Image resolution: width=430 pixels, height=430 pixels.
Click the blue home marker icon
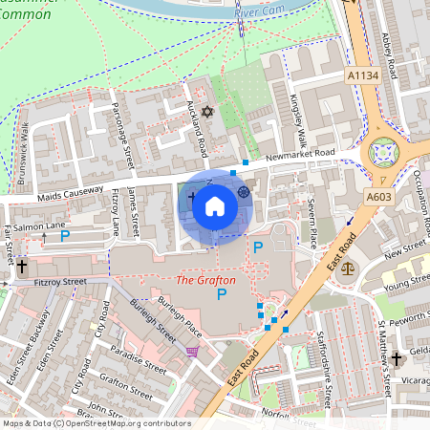[x=215, y=206]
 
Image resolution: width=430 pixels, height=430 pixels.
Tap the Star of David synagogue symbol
[x=205, y=113]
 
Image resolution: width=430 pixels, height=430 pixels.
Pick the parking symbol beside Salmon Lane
[x=65, y=236]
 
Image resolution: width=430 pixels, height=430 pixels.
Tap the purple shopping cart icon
[x=193, y=353]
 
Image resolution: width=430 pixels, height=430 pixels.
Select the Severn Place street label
[x=312, y=223]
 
